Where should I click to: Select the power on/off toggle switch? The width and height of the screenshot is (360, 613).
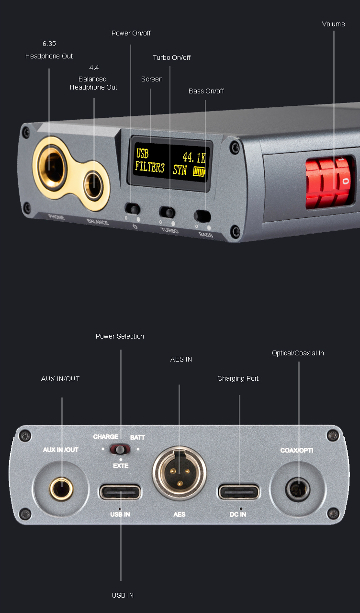[133, 209]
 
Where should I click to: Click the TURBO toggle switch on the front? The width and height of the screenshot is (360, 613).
[167, 212]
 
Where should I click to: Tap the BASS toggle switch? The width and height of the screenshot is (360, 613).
[202, 216]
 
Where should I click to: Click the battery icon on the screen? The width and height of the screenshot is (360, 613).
[199, 171]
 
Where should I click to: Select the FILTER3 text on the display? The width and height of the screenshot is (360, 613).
[150, 167]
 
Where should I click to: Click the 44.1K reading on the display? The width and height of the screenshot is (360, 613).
[194, 158]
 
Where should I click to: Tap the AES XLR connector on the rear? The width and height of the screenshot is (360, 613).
[180, 473]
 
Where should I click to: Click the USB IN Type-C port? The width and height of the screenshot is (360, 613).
[120, 492]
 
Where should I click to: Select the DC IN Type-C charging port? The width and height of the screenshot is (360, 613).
[239, 491]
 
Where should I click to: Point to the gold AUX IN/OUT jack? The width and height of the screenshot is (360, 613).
[62, 489]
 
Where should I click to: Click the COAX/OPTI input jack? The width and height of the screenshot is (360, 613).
[298, 489]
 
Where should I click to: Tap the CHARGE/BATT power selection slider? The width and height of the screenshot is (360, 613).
[120, 449]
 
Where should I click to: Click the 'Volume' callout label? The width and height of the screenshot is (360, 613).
[333, 24]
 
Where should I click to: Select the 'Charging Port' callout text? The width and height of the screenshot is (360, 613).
[238, 378]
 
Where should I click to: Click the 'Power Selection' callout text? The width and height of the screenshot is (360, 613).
[120, 336]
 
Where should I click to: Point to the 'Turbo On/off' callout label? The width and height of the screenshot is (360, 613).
[171, 57]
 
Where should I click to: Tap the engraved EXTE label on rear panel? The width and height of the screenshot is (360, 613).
[121, 466]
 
